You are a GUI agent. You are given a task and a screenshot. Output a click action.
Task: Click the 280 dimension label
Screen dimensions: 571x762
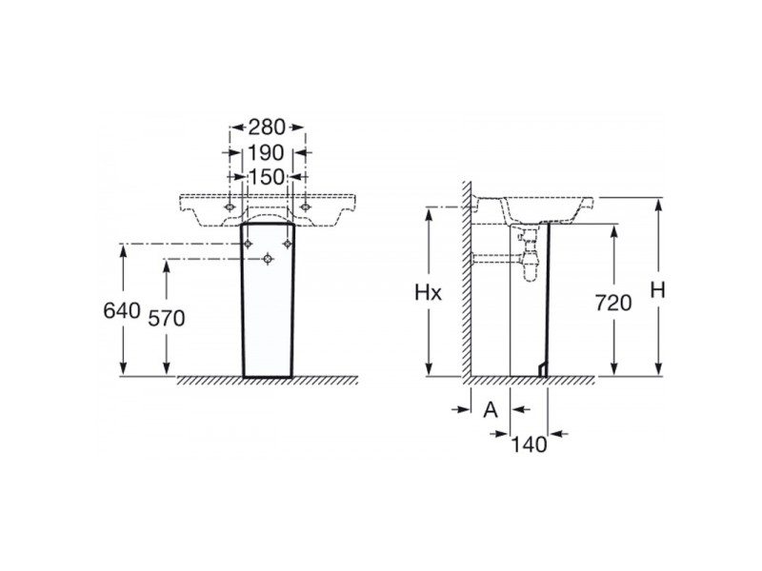point(267,126)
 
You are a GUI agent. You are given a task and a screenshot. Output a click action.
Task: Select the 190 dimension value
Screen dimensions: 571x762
point(267,152)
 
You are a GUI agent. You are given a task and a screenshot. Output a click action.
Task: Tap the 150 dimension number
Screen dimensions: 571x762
point(267,176)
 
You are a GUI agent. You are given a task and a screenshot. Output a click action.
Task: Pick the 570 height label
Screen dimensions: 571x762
point(167,319)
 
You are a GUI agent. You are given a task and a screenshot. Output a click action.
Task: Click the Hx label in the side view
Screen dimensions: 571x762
point(431,294)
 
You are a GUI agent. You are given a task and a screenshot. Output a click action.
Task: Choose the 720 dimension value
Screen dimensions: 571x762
point(614,304)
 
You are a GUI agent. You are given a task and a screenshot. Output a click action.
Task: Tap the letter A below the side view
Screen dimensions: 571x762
point(491,409)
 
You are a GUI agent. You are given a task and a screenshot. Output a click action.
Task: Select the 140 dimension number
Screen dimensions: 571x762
point(530,443)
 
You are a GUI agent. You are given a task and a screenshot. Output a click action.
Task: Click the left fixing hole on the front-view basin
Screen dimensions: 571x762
point(230,207)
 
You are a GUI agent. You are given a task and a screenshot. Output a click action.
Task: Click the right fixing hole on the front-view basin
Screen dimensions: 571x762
point(305,207)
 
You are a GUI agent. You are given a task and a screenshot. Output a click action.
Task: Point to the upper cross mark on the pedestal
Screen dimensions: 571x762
point(249,245)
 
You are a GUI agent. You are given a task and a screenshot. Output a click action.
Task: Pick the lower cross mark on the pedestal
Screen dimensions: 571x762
point(268,258)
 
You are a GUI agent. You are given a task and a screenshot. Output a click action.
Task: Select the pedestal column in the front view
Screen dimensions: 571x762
point(268,305)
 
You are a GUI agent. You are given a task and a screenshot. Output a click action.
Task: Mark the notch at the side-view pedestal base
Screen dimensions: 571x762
point(543,368)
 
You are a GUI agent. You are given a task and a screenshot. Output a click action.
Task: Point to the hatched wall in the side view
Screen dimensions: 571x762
point(467,285)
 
